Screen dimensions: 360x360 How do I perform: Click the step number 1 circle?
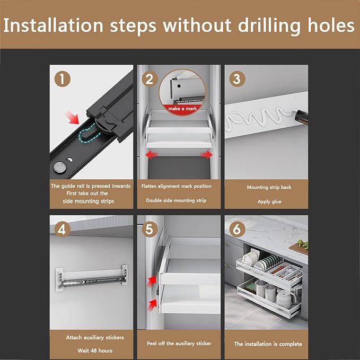pos(62,79)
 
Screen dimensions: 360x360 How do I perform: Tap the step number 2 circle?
pos(150,79)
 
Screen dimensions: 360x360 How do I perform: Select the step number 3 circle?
pos(237,79)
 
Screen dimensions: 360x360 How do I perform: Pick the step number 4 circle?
pos(62,230)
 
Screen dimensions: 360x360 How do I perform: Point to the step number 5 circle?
pos(150,230)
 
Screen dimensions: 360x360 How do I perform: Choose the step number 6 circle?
pos(237,230)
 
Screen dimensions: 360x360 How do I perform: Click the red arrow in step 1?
pos(72,118)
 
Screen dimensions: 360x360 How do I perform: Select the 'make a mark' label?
pos(182,109)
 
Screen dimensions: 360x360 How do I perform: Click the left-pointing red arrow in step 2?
pos(152,154)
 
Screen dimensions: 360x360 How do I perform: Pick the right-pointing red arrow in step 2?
pos(206,154)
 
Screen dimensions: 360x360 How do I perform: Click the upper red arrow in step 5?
pos(151,282)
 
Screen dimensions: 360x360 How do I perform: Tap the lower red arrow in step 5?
pos(152,305)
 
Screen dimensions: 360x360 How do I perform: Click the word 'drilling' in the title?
pos(269,25)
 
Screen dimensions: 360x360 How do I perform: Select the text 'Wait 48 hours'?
pos(95,350)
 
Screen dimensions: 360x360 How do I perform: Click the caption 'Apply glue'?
pos(269,201)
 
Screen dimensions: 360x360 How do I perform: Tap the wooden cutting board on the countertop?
pos(298,249)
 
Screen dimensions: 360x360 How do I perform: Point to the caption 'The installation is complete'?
pos(268,344)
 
